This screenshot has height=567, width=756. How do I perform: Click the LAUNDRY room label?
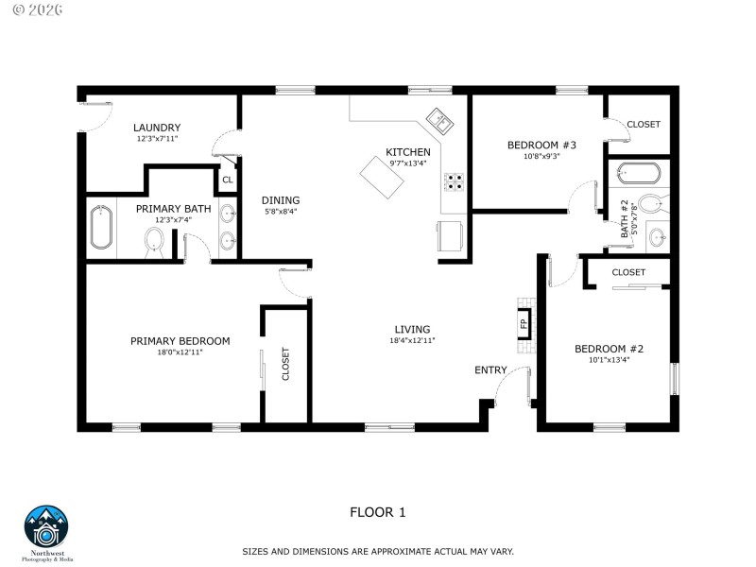157,128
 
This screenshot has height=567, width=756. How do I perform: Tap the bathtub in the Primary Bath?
101,228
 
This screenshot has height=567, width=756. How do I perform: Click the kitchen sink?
438,119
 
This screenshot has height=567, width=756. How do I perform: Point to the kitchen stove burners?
455,180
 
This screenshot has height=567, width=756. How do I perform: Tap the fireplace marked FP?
524,324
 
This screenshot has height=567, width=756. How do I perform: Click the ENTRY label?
490,370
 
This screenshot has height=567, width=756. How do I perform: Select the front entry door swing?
515,383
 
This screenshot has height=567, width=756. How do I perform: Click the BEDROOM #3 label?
541,145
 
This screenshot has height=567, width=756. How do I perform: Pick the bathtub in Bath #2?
637,174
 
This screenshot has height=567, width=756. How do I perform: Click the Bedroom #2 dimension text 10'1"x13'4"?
609,359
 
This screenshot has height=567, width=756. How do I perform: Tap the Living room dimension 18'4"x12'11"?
412,340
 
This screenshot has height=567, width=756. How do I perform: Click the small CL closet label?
228,179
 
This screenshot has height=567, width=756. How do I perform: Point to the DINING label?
281,200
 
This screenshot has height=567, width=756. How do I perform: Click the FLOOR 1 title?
378,513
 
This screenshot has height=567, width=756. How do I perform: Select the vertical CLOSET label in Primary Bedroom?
285,365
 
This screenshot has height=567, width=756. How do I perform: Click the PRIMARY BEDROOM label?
180,341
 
